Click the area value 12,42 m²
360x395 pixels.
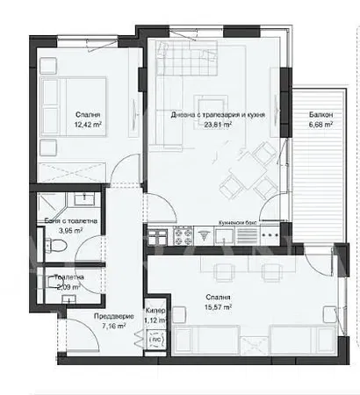88,126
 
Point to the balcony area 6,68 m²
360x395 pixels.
320,126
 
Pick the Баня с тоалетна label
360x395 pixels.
65,221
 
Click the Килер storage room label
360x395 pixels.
154,312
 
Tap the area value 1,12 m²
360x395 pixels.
154,321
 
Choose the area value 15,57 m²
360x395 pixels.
214,307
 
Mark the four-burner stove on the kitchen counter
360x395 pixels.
184,236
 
